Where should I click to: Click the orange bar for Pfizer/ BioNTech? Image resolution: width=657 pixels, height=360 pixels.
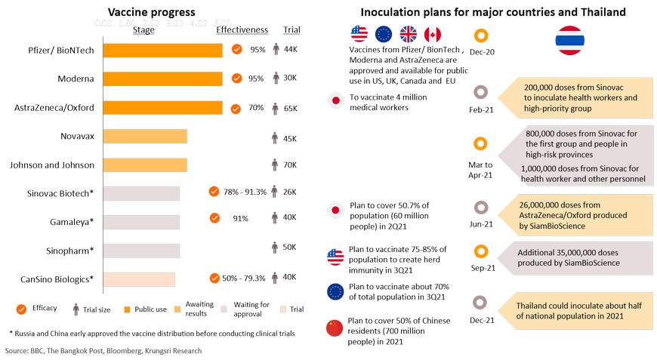(162, 50)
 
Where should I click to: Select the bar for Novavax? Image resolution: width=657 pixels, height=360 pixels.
(145, 136)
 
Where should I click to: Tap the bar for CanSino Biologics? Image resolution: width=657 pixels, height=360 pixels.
(139, 278)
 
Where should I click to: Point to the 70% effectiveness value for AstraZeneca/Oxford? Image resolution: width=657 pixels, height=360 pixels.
(256, 108)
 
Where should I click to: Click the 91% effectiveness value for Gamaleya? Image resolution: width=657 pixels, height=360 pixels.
(241, 218)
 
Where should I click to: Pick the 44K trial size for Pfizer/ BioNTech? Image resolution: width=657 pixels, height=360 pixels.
(290, 50)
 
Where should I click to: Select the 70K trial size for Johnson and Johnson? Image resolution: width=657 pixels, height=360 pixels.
(290, 165)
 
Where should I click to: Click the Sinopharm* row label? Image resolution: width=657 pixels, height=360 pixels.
(70, 250)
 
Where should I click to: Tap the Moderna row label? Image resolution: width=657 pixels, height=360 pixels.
(76, 78)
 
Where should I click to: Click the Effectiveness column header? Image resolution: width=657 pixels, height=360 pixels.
(242, 30)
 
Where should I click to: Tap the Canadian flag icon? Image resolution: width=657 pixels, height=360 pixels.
(432, 34)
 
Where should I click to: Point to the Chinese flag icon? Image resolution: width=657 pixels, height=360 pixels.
(334, 328)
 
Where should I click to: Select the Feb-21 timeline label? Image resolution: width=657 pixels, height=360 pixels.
(480, 109)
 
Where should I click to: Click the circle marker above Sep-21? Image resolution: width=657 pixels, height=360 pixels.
(480, 251)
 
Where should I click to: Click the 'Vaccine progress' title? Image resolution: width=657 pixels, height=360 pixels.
(151, 12)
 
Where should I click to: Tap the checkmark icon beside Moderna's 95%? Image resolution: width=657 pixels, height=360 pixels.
(237, 78)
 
